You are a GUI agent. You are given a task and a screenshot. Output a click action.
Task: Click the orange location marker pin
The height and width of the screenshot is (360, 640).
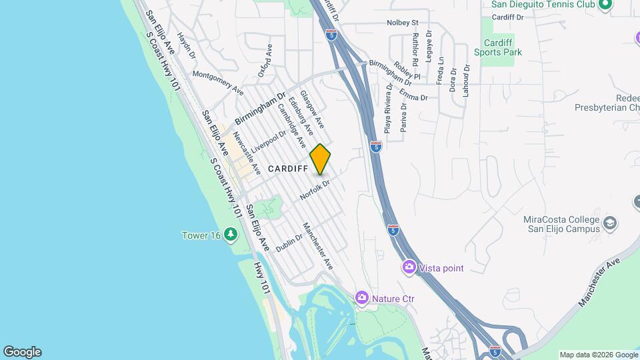(x=320, y=159)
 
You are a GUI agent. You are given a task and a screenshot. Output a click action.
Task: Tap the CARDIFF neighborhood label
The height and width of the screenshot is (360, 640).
(x=287, y=169)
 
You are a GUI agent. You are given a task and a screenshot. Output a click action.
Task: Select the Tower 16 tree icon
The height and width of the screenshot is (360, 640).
(x=231, y=234)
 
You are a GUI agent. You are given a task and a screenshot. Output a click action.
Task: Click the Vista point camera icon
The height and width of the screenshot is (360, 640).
(x=409, y=267)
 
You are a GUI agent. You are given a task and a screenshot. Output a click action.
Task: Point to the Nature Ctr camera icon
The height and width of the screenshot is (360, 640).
(x=361, y=297)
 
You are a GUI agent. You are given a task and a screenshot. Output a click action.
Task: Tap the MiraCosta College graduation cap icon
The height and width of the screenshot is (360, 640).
(x=610, y=223)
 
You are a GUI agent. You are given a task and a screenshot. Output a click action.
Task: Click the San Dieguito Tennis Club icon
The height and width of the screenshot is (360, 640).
(x=605, y=5)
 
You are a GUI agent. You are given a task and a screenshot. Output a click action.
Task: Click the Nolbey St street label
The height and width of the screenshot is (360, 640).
(x=402, y=23)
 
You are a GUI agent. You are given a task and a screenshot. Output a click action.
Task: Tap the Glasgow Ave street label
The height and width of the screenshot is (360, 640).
(x=312, y=109)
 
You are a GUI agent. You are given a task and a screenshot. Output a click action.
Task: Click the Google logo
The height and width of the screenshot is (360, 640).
(x=22, y=352)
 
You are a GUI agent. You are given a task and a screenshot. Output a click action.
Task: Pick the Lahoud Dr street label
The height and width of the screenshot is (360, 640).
(x=467, y=81)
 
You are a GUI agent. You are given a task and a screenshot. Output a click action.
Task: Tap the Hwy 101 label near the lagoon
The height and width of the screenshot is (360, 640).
(x=261, y=277)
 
